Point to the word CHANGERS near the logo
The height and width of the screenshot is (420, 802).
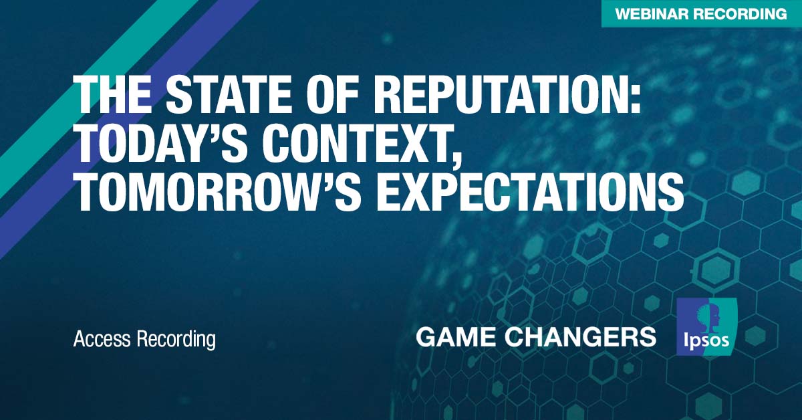[x=581, y=337]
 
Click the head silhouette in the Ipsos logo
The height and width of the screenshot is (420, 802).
[x=706, y=317]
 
